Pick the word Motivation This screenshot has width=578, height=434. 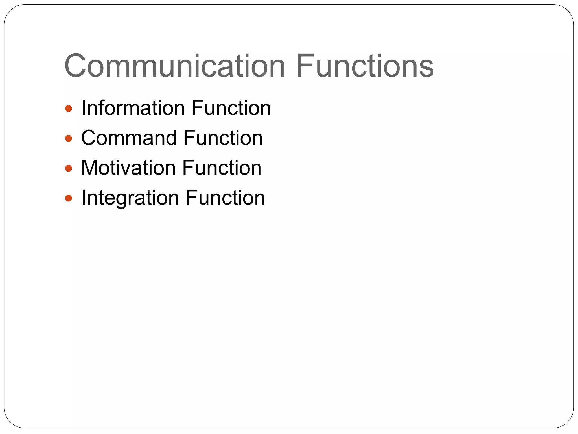(128, 168)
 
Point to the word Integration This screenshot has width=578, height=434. (130, 198)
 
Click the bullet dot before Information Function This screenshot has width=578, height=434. (69, 108)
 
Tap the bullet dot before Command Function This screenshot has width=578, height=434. (69, 138)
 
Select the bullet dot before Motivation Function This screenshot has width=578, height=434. (69, 168)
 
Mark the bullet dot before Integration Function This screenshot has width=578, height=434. (69, 198)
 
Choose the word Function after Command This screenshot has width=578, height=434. (223, 138)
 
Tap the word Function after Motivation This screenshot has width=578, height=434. (222, 168)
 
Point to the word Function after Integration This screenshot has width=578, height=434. (225, 198)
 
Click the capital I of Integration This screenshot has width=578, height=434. (83, 198)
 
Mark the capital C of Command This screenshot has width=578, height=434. (90, 138)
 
